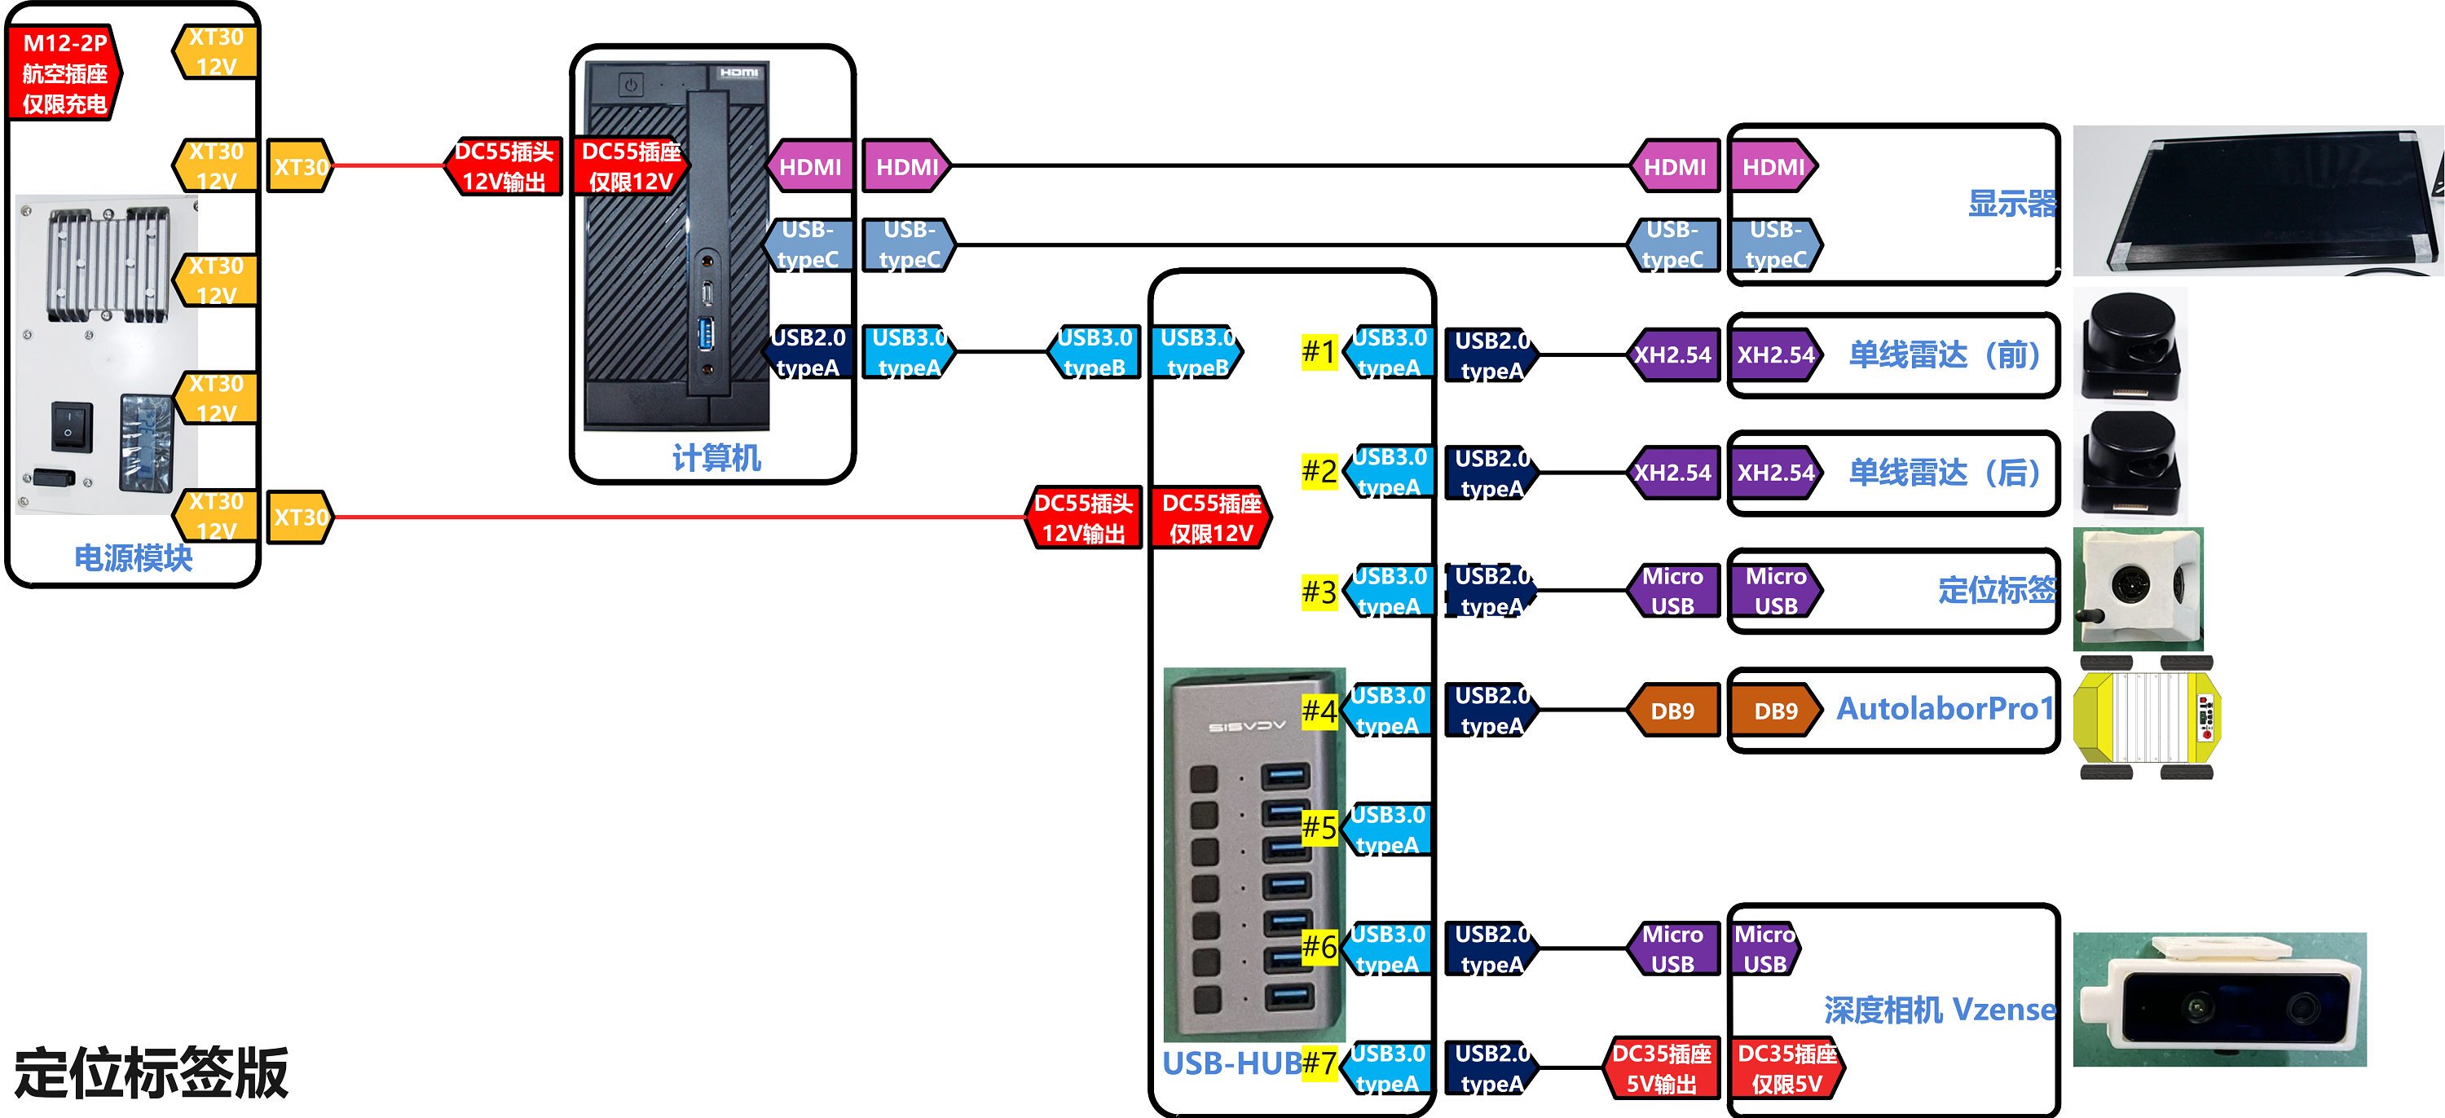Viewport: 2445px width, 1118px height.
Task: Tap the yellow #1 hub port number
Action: pyautogui.click(x=1319, y=353)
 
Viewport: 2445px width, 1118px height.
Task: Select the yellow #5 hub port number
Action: pyautogui.click(x=1319, y=828)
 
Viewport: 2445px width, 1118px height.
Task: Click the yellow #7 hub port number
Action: pyautogui.click(x=1319, y=1063)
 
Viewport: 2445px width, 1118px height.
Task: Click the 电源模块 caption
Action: pyautogui.click(x=133, y=558)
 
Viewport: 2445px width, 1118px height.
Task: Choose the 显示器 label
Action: pyautogui.click(x=2011, y=203)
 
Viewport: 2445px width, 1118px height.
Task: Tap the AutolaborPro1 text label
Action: pyautogui.click(x=1945, y=709)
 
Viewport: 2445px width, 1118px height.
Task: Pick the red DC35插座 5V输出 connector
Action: pyautogui.click(x=1661, y=1068)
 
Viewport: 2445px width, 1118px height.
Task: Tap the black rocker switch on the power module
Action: pyautogui.click(x=73, y=427)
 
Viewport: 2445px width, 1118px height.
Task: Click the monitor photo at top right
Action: pyautogui.click(x=2257, y=201)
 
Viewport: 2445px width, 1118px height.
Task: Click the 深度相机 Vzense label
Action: pyautogui.click(x=1939, y=1010)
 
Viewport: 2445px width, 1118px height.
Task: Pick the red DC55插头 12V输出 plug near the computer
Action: pyautogui.click(x=504, y=167)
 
